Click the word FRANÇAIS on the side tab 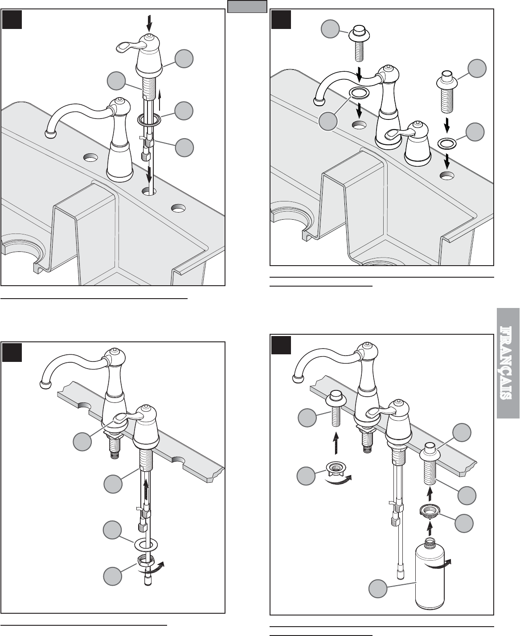pyautogui.click(x=508, y=363)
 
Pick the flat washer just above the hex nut pyautogui.click(x=146, y=545)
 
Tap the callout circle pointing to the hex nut pyautogui.click(x=113, y=576)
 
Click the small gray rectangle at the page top pyautogui.click(x=247, y=6)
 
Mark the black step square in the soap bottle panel pyautogui.click(x=281, y=345)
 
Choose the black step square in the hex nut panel pyautogui.click(x=12, y=353)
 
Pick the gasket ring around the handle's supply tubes pyautogui.click(x=149, y=120)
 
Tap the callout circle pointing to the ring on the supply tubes pyautogui.click(x=184, y=111)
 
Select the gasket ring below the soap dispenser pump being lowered pyautogui.click(x=447, y=143)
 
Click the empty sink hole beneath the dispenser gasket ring pyautogui.click(x=447, y=175)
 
